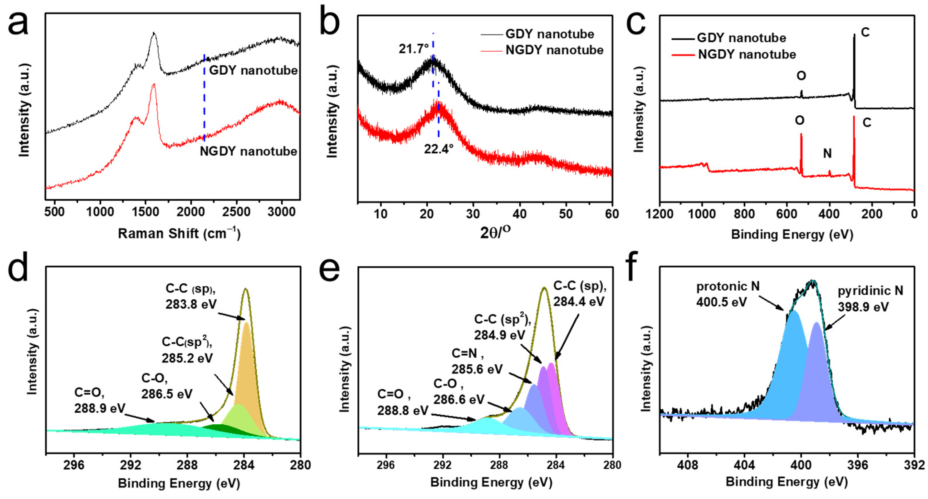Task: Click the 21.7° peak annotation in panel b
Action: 413,49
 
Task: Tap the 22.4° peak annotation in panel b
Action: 438,149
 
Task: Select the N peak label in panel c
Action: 828,154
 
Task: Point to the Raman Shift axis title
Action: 179,234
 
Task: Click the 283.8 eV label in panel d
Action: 191,305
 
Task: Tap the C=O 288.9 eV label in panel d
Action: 100,400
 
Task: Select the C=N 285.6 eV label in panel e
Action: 477,361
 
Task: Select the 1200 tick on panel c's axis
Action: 660,214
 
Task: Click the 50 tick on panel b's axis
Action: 566,214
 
